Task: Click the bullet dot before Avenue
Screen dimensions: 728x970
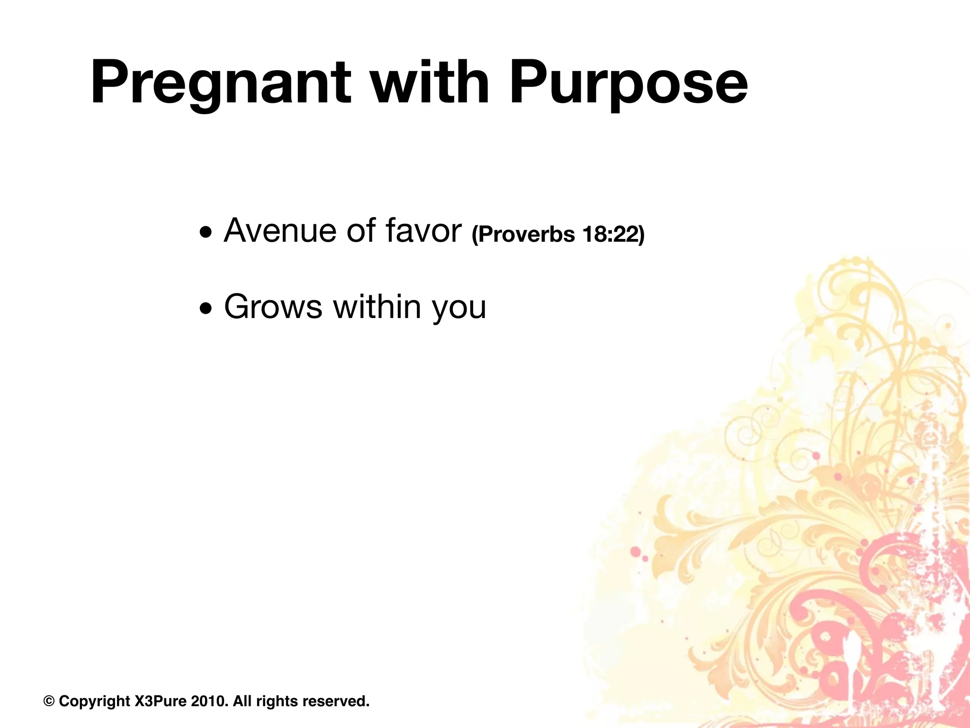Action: [206, 233]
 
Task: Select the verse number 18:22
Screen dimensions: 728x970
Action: [613, 234]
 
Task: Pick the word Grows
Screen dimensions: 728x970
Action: [273, 307]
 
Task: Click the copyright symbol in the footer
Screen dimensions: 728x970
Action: [49, 701]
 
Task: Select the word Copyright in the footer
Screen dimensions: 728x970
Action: [94, 701]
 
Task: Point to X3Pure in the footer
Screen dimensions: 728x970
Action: [161, 701]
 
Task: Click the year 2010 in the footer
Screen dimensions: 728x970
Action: [209, 701]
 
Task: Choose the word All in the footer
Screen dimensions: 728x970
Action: [242, 701]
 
